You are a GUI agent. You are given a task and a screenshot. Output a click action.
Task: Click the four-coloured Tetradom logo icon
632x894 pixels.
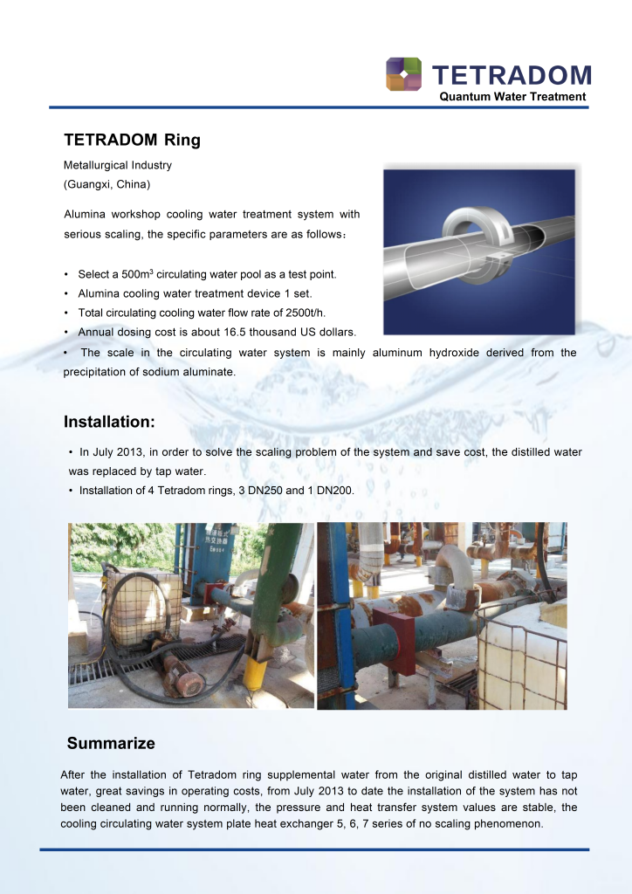pos(403,74)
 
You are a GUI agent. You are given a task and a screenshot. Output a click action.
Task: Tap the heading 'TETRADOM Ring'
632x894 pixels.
pos(132,140)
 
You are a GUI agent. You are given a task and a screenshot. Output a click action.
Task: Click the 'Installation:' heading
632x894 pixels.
pos(109,423)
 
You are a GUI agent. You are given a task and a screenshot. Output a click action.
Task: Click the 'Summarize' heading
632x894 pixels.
pos(111,744)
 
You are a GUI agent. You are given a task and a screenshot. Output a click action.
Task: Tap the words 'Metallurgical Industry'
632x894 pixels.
pos(118,165)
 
